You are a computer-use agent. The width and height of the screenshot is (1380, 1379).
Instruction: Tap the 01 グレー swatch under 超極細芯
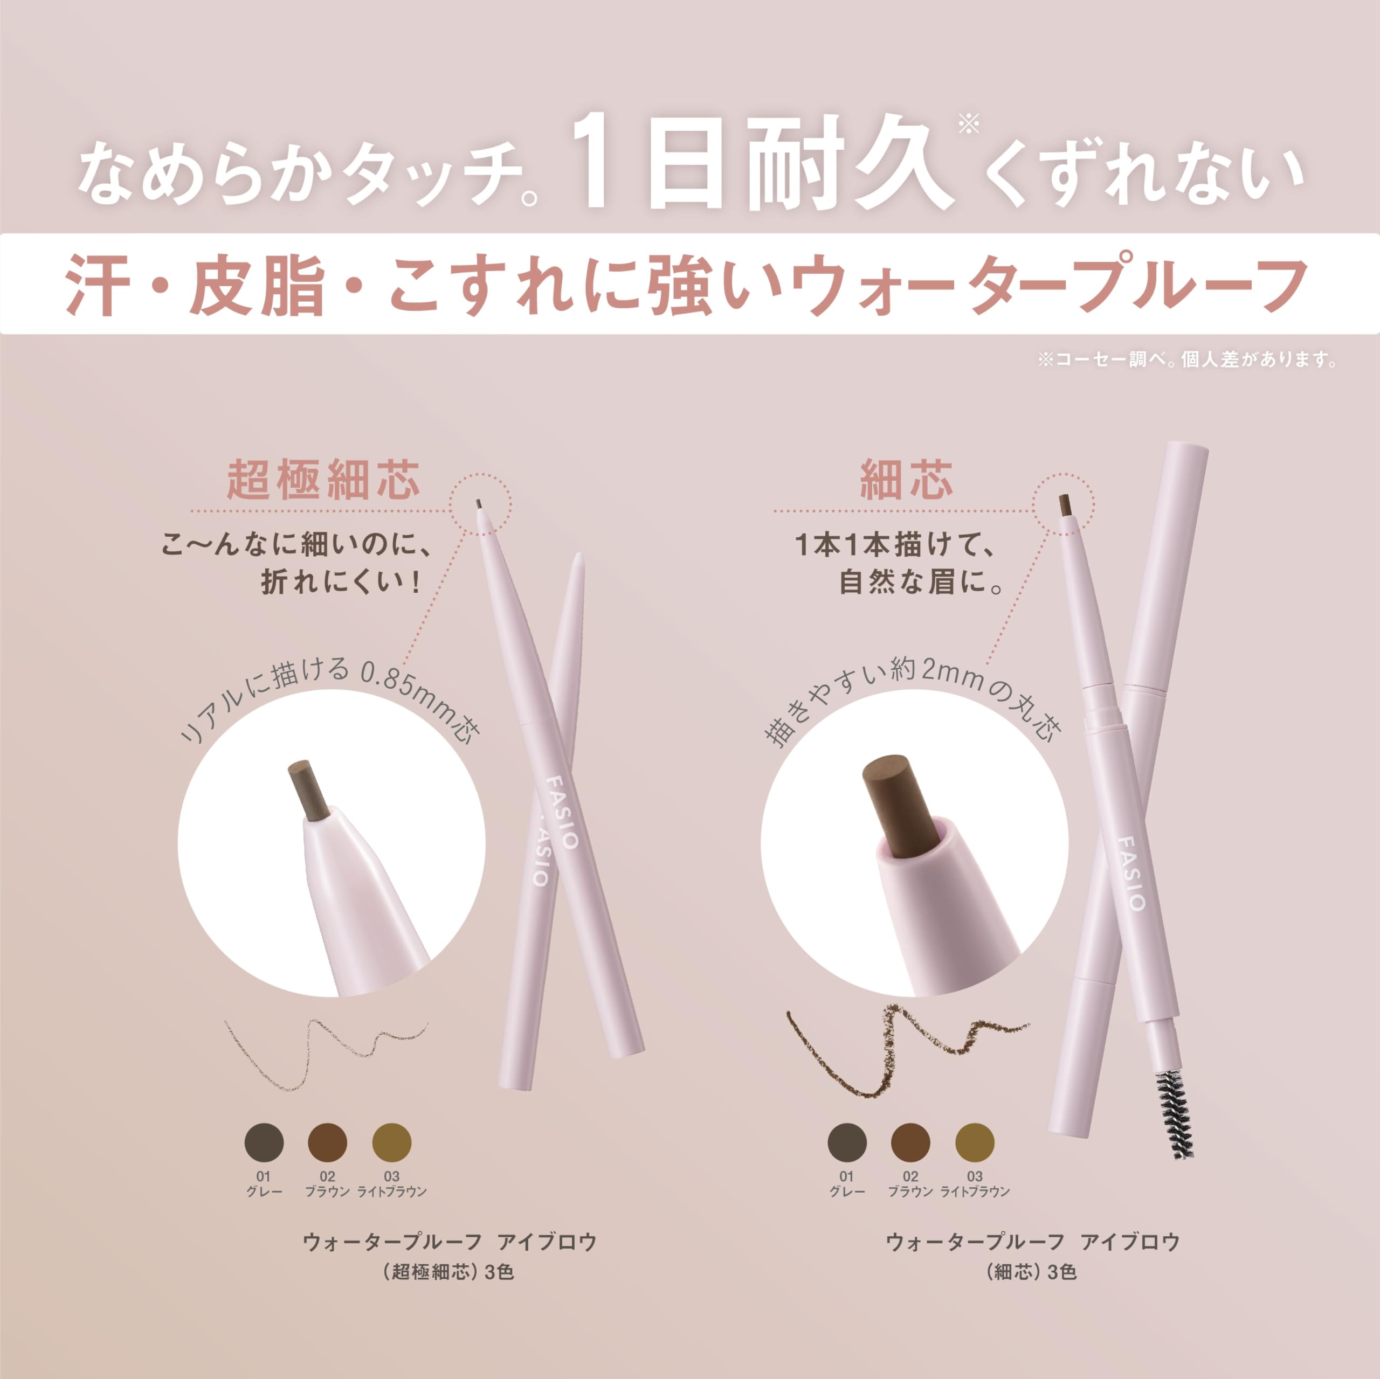pos(264,1142)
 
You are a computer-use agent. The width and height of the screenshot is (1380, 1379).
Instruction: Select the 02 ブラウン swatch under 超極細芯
pos(328,1142)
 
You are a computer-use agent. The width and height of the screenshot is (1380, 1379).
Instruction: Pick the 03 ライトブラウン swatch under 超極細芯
pos(392,1142)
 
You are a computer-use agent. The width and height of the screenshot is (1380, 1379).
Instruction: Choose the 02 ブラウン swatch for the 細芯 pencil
pos(910,1142)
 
